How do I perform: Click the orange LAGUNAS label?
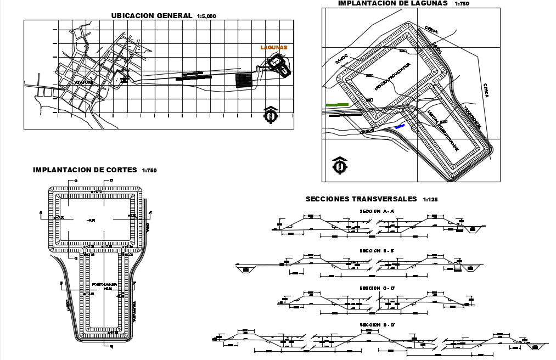(274, 48)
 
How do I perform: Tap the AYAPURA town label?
(85, 82)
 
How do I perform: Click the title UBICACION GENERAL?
(151, 15)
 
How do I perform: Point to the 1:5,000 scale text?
(206, 16)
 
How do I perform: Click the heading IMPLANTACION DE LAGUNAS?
(392, 3)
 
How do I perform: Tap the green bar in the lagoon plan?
(336, 104)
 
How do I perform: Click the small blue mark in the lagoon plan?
(400, 126)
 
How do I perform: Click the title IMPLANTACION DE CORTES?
(85, 170)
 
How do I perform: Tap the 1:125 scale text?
(431, 200)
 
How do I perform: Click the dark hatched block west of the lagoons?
(244, 80)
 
